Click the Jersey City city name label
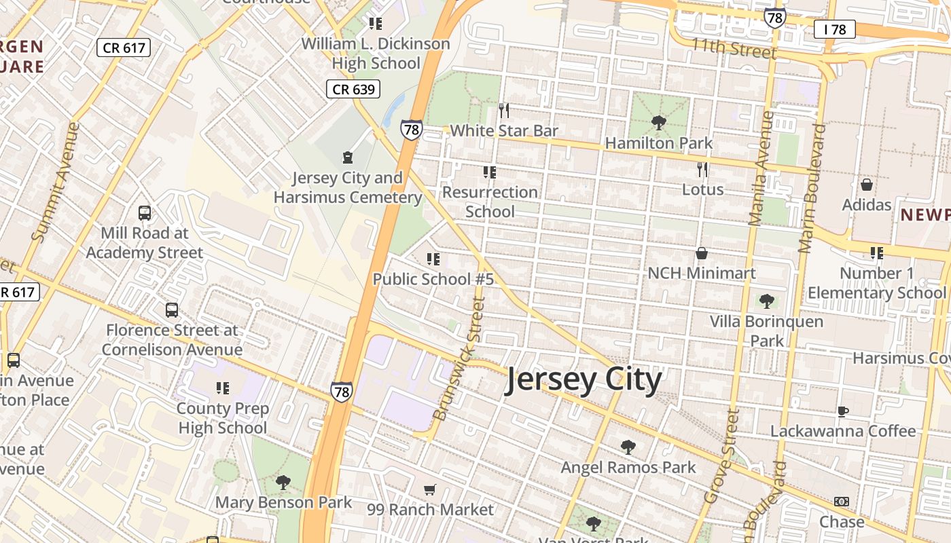point(583,381)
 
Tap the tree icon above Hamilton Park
point(658,123)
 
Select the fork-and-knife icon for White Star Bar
point(503,111)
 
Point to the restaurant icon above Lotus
point(702,170)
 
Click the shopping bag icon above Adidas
point(867,185)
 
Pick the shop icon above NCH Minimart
point(702,254)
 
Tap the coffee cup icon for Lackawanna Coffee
point(842,411)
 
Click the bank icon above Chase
point(842,502)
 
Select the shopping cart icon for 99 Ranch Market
point(430,489)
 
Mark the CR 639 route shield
point(353,89)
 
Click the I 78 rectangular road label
point(834,29)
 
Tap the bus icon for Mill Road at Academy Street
point(145,213)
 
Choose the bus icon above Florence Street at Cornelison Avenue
point(172,310)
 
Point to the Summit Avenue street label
point(56,182)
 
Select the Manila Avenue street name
point(761,168)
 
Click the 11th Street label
point(734,48)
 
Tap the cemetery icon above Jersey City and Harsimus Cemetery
point(348,158)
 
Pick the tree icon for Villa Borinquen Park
point(767,301)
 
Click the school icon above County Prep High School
point(222,388)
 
